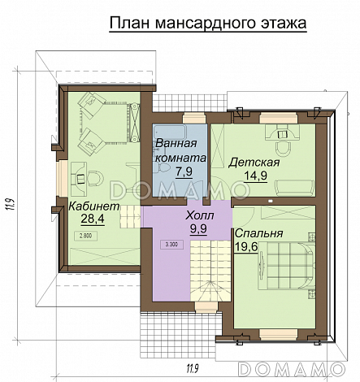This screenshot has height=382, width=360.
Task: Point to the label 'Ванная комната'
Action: coord(180,150)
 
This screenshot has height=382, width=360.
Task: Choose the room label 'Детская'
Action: coord(254,162)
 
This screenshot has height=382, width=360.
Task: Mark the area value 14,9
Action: coord(258,176)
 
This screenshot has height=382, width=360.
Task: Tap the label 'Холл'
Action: coord(200,216)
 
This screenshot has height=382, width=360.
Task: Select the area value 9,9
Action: coord(200,230)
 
